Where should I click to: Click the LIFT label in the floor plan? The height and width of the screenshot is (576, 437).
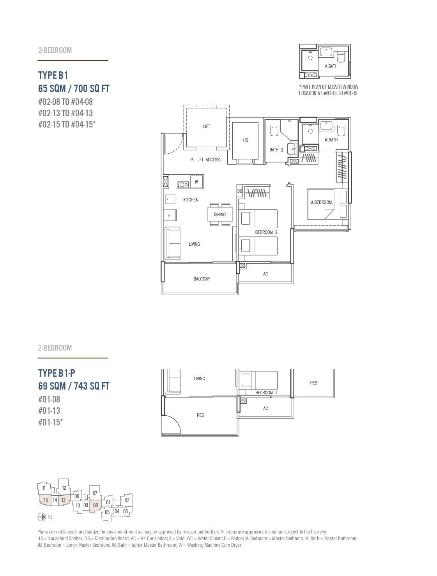click(x=207, y=126)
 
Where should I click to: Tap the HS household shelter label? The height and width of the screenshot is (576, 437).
click(x=245, y=140)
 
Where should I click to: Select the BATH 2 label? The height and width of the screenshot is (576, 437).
click(x=276, y=150)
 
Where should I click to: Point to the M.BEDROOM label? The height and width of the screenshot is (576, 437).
click(x=321, y=202)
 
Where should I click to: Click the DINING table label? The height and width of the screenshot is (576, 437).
click(x=219, y=214)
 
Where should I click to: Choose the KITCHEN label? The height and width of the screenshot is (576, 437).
click(x=191, y=200)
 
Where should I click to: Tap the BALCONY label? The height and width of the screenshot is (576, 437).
click(x=202, y=279)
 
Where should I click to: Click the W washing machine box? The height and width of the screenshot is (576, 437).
click(x=196, y=182)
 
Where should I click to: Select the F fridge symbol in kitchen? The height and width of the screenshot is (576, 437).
click(x=170, y=215)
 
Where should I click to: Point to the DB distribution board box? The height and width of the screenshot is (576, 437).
click(x=240, y=191)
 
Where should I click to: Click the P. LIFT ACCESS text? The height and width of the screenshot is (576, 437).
click(x=205, y=160)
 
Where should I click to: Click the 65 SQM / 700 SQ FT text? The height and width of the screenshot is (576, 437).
click(x=74, y=89)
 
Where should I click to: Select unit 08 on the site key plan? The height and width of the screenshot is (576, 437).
click(x=96, y=505)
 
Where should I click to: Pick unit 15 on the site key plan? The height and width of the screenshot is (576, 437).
click(x=46, y=500)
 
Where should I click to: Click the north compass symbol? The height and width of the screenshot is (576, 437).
click(x=42, y=517)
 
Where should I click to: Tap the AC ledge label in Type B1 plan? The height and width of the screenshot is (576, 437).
click(x=265, y=274)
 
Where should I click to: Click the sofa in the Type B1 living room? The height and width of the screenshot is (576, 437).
click(x=173, y=244)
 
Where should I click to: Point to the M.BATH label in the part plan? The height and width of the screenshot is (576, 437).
click(x=331, y=66)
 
